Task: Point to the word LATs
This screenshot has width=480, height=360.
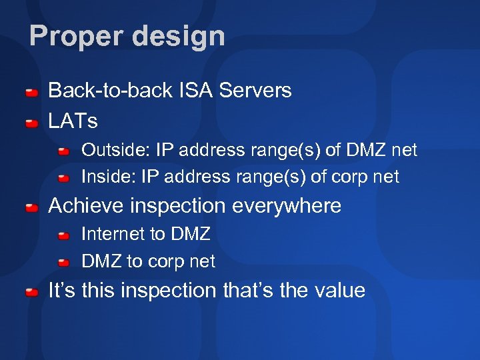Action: coord(73,121)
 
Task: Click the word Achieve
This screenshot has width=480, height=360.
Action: coord(87,206)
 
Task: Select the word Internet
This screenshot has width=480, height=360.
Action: coord(112,234)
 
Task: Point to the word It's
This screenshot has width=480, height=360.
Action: coord(62,291)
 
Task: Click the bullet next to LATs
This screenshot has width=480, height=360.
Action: coord(31,123)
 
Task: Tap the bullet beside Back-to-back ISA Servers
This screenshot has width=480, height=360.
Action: coord(31,92)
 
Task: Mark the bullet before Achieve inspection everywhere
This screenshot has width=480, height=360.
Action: coord(31,208)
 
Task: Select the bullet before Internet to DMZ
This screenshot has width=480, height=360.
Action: coord(63,236)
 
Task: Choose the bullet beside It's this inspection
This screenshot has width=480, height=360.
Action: coord(31,293)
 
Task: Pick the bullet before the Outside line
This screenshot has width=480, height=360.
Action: coord(63,152)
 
